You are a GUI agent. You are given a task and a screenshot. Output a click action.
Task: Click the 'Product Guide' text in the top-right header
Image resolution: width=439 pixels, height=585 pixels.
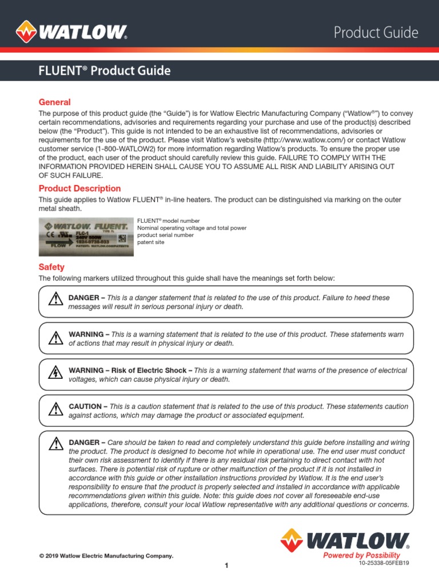pyautogui.click(x=376, y=33)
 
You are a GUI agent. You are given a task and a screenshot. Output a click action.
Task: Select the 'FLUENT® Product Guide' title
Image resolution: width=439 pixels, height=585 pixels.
pyautogui.click(x=104, y=71)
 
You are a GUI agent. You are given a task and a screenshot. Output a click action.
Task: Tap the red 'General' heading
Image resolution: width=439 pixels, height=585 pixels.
pyautogui.click(x=54, y=102)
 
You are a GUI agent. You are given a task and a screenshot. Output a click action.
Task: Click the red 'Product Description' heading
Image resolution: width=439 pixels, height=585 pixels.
pyautogui.click(x=79, y=189)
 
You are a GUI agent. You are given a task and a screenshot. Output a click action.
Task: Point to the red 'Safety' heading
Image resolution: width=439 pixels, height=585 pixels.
pyautogui.click(x=51, y=267)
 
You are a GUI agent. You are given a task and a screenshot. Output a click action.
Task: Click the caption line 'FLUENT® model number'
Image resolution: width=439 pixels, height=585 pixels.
pyautogui.click(x=169, y=221)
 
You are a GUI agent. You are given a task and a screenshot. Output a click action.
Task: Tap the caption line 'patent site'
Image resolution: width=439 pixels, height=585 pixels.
pyautogui.click(x=151, y=243)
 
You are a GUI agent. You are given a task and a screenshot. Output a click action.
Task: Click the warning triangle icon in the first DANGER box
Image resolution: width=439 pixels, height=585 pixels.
pyautogui.click(x=55, y=299)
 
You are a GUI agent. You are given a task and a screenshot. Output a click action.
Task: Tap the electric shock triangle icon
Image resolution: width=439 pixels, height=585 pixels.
pyautogui.click(x=55, y=372)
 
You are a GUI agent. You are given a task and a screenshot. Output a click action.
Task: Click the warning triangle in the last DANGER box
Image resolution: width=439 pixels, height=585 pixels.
pyautogui.click(x=55, y=443)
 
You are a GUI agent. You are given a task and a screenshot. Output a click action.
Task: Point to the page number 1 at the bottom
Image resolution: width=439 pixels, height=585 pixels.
pyautogui.click(x=226, y=566)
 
